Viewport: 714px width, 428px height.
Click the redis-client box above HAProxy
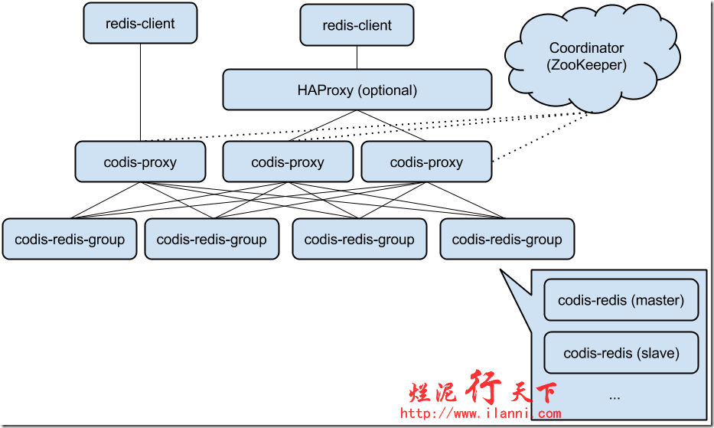pyautogui.click(x=357, y=25)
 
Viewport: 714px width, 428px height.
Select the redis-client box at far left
pyautogui.click(x=140, y=24)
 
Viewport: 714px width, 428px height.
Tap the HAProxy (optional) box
pyautogui.click(x=357, y=90)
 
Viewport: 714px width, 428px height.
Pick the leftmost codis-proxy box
pyautogui.click(x=140, y=162)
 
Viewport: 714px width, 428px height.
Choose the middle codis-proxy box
pyautogui.click(x=288, y=162)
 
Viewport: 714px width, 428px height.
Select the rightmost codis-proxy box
pyautogui.click(x=426, y=162)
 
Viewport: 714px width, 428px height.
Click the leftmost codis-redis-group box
pyautogui.click(x=70, y=240)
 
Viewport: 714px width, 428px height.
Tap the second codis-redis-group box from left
pyautogui.click(x=211, y=240)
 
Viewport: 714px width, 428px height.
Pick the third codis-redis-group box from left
pyautogui.click(x=359, y=240)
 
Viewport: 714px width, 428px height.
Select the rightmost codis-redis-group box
pyautogui.click(x=507, y=240)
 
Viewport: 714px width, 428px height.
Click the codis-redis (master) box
pyautogui.click(x=621, y=300)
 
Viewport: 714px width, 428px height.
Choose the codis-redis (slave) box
pyautogui.click(x=621, y=353)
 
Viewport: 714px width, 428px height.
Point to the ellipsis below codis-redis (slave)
pyautogui.click(x=615, y=397)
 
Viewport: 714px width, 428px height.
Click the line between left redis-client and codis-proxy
pyautogui.click(x=140, y=92)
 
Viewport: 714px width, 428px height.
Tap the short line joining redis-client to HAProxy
pyautogui.click(x=357, y=57)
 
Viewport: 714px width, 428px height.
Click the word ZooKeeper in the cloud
pyautogui.click(x=587, y=66)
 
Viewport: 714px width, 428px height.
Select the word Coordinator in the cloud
pyautogui.click(x=587, y=48)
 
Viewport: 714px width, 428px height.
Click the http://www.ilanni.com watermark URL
pyautogui.click(x=481, y=414)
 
